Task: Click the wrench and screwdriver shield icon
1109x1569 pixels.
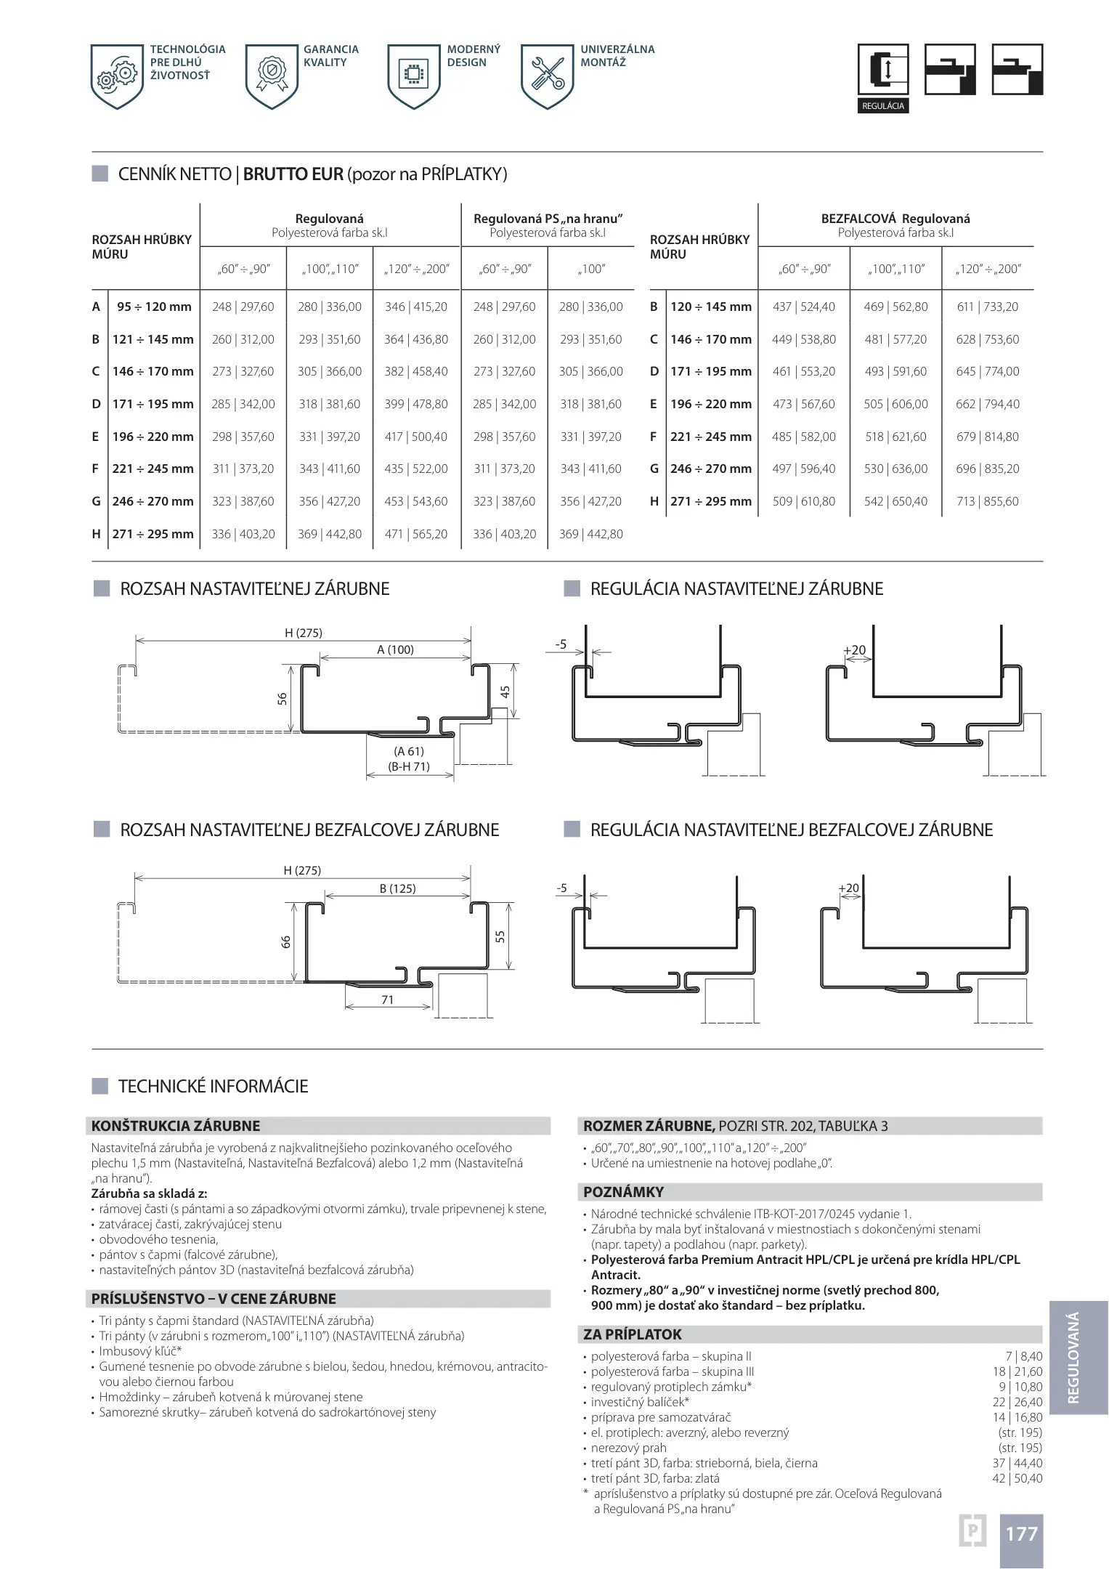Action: pos(548,76)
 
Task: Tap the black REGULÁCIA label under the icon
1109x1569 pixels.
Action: pos(882,106)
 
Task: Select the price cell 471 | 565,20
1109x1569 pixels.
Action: pos(416,534)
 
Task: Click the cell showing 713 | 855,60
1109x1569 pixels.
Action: pos(987,501)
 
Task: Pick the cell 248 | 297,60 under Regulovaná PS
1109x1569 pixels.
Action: pos(504,307)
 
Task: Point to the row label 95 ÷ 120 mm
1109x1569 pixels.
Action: pos(154,307)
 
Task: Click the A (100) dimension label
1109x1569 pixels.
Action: pos(395,649)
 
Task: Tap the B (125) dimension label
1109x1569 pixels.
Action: pos(397,888)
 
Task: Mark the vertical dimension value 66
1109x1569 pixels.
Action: pos(285,941)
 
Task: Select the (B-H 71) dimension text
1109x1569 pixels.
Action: pos(409,766)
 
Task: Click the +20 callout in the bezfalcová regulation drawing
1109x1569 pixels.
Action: pos(848,888)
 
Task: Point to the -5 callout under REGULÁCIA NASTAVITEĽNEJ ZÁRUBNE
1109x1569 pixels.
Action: pos(561,644)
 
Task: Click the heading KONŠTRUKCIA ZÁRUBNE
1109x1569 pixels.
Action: pos(176,1126)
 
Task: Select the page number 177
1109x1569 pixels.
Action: pos(1021,1533)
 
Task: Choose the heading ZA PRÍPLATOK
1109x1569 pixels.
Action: pos(633,1334)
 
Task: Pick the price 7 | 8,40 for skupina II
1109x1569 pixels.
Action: pos(1023,1356)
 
